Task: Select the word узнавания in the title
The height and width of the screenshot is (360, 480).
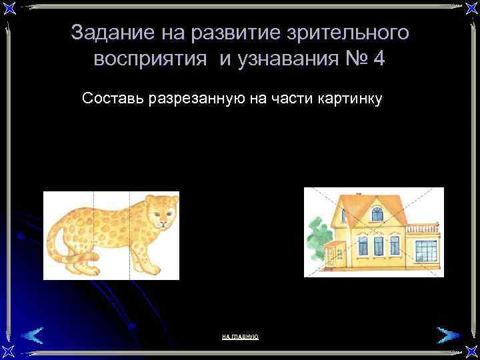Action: point(284,59)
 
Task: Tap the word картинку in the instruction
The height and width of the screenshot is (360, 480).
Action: point(347,99)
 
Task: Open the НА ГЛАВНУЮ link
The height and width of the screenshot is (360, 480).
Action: point(240,337)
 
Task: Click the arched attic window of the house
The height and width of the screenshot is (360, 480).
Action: point(377,214)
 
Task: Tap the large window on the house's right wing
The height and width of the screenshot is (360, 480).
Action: point(424,250)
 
